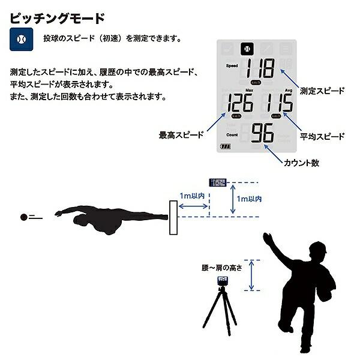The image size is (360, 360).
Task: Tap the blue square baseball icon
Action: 20,39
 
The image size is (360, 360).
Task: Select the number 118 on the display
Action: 259,68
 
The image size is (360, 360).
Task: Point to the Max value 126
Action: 238,103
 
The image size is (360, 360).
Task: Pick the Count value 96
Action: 263,134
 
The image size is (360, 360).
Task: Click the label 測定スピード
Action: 322,91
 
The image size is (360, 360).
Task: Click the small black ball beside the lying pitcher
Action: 24,217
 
